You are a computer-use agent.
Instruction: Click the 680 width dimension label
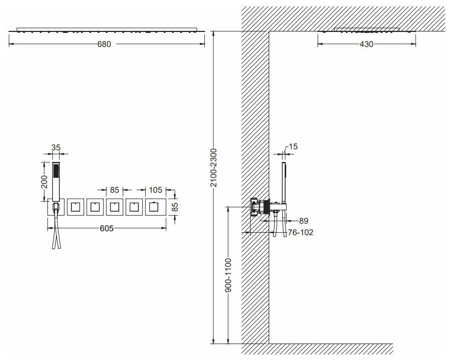[x=104, y=44]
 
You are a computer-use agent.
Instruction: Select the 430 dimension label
[x=367, y=44]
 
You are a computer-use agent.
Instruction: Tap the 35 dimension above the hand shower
[x=56, y=147]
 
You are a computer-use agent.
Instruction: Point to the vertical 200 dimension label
[x=44, y=181]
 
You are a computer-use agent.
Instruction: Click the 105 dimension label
[x=155, y=190]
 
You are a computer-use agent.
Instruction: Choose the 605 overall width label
[x=107, y=228]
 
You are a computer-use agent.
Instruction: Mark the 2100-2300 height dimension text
[x=213, y=168]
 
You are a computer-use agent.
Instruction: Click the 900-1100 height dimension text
[x=228, y=275]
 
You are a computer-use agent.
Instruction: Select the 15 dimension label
[x=293, y=147]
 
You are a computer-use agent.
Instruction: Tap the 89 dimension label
[x=304, y=221]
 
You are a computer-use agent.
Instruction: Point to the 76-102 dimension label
[x=301, y=232]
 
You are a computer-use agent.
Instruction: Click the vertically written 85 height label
[x=175, y=207]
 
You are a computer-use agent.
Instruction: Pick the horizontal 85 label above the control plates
[x=114, y=190]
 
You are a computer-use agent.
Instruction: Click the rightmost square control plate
[x=156, y=207]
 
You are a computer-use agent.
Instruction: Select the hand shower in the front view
[x=56, y=182]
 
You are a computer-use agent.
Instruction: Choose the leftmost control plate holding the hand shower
[x=56, y=207]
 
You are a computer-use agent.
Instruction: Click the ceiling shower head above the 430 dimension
[x=367, y=30]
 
